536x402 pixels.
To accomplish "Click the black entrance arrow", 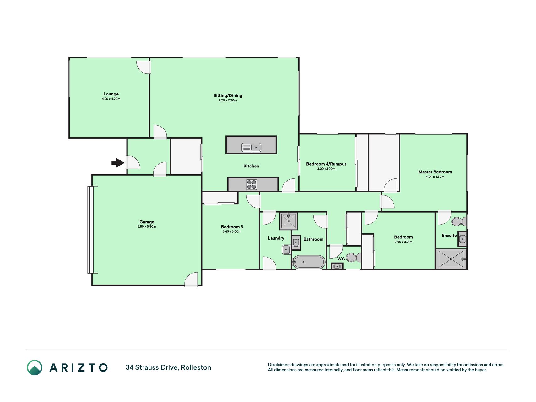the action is (x=118, y=163).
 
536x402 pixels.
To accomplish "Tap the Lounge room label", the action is (x=111, y=94).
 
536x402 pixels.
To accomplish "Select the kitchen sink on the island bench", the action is (x=251, y=147).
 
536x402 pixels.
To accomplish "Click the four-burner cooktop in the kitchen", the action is (x=252, y=184).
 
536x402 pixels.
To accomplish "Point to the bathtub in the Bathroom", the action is (x=309, y=262).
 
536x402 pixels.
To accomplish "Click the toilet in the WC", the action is (x=354, y=258).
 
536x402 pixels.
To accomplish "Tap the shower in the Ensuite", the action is (x=451, y=259).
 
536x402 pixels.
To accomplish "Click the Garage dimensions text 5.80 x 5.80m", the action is (x=147, y=227).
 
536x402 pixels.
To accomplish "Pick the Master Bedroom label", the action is (x=435, y=172).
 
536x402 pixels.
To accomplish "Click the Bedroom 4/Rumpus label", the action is (x=326, y=164).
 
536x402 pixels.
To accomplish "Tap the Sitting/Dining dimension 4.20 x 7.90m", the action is (x=228, y=100).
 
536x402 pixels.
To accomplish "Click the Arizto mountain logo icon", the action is (x=35, y=367).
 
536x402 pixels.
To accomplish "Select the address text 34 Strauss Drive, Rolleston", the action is (x=168, y=367).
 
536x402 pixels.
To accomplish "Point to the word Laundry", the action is (x=276, y=238).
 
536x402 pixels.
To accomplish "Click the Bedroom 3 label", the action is (x=232, y=227).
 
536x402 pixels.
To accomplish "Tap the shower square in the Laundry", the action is (x=288, y=221).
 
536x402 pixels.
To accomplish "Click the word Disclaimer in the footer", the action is (x=278, y=365).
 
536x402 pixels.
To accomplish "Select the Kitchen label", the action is (x=251, y=166).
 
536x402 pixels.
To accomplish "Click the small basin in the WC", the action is (x=337, y=266).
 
